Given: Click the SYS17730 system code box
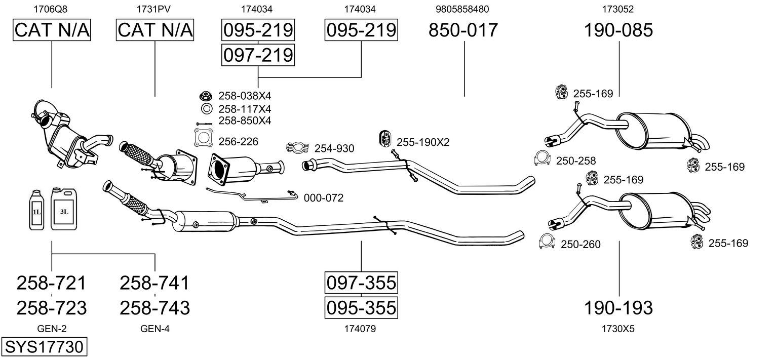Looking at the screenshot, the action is pos(44,346).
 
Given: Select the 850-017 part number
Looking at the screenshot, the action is pos(463,30).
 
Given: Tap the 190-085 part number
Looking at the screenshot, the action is pos(618,30).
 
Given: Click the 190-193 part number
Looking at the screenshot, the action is pos(618,308).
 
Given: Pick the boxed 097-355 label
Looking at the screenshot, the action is pos(361,283).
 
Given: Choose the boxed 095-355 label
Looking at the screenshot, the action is pos(361,308).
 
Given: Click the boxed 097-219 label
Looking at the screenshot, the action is pos(258,55).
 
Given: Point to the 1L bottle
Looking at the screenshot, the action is pos(36,210).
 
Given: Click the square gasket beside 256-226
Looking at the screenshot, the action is pos(204,138).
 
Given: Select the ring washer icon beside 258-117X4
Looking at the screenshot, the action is pos(207,109).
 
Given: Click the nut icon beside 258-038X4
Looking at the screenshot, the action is pos(206,96).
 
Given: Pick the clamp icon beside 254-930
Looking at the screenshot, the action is pos(297,148).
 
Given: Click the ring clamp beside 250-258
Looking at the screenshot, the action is pos(542,158).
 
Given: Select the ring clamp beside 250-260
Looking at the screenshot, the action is pos(547,242).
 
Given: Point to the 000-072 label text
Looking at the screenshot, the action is pos(324,198).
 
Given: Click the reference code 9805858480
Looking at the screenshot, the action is pos(462,9).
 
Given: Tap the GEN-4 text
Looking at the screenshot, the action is pos(155,329).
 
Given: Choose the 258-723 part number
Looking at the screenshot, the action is pos(52,308).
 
